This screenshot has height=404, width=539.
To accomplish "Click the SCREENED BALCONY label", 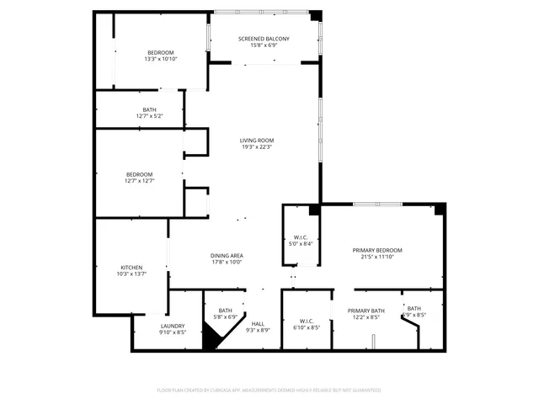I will click(x=264, y=39).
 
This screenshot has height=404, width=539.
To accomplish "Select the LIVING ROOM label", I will click(x=257, y=141).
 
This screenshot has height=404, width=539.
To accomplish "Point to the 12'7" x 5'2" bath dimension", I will click(x=149, y=115).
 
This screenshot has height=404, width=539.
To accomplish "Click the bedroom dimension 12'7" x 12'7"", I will click(x=140, y=180).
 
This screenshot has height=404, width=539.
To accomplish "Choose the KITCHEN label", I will click(x=131, y=267).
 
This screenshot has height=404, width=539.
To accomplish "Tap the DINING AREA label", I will click(x=227, y=255).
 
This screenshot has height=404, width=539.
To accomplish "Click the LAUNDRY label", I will click(x=173, y=325).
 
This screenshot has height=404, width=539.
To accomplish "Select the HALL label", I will click(x=258, y=322).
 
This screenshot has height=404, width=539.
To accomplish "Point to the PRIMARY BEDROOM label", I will click(x=376, y=250).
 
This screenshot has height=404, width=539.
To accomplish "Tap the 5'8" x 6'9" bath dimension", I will click(x=226, y=316).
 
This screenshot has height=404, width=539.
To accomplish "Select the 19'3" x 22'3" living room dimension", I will click(x=257, y=147).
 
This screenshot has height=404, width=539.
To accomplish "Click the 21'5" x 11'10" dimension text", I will click(x=376, y=257).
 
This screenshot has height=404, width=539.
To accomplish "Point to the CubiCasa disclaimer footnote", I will click(x=269, y=390).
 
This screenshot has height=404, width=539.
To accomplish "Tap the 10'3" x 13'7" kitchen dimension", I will click(x=131, y=274).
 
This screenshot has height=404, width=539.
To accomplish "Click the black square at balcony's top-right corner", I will click(x=315, y=16).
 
